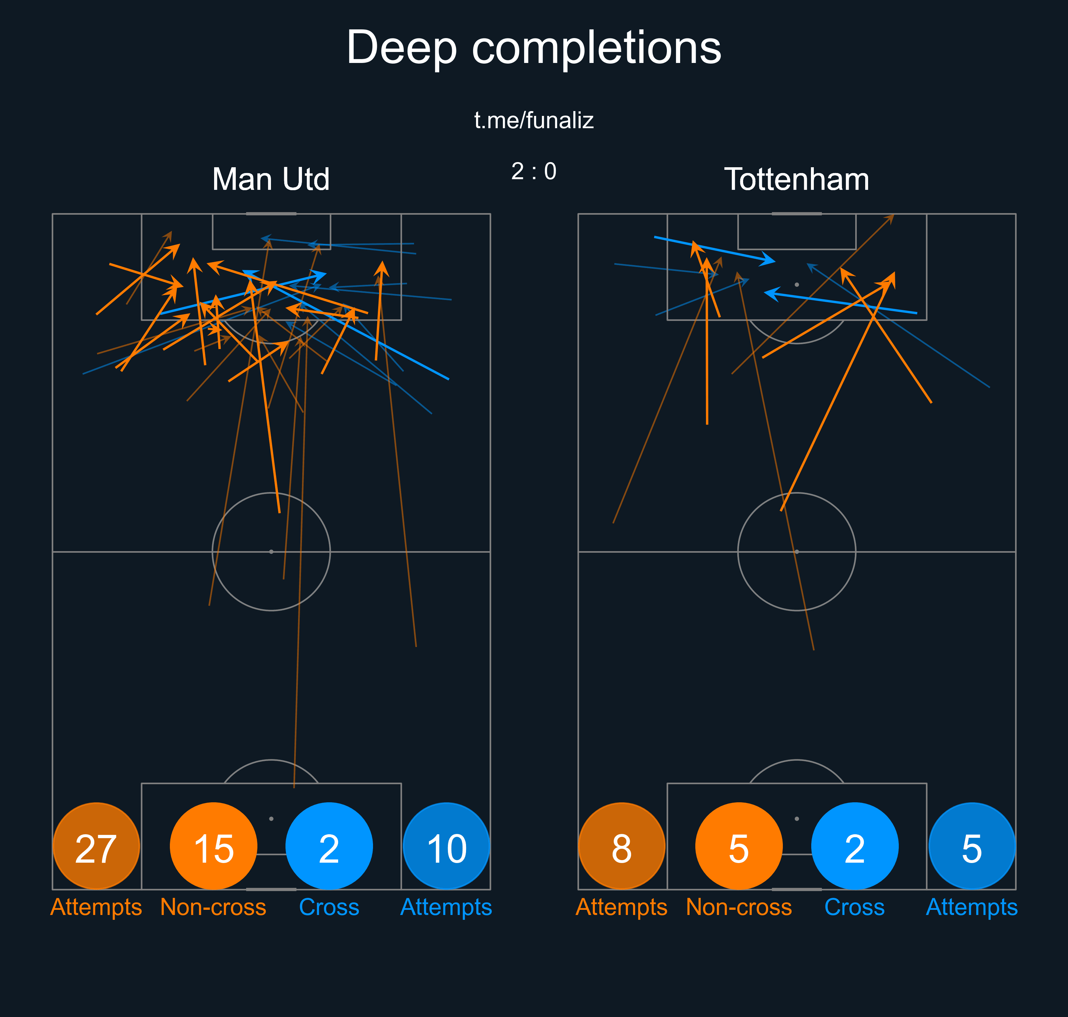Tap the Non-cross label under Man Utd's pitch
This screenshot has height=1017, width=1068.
[x=213, y=907]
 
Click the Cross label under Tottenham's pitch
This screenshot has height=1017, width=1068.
[x=855, y=907]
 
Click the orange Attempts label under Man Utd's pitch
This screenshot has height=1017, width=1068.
[x=96, y=907]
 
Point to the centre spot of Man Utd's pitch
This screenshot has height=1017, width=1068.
[x=271, y=551]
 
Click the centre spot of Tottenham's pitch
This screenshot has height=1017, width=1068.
[x=796, y=551]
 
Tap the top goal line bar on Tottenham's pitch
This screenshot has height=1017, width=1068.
[x=796, y=214]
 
